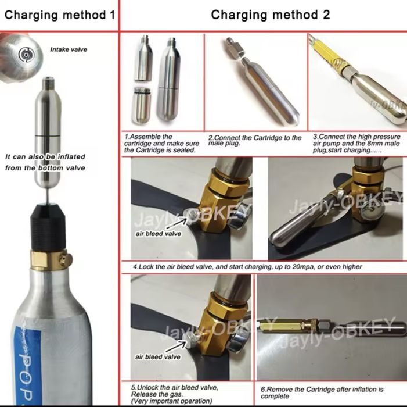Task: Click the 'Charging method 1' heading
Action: click(x=60, y=15)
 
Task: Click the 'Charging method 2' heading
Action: click(x=271, y=15)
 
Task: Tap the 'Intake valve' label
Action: click(x=69, y=49)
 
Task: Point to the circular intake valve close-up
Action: click(x=27, y=55)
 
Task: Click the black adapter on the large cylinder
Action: click(x=46, y=227)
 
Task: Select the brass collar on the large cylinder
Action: click(x=51, y=260)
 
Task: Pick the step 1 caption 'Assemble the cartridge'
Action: click(x=161, y=143)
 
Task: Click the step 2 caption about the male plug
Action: click(x=255, y=140)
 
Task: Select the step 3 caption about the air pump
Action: click(x=356, y=144)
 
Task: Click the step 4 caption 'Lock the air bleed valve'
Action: click(x=247, y=267)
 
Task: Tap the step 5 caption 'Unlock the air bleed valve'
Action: click(x=175, y=394)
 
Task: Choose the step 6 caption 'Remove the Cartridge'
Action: click(x=322, y=392)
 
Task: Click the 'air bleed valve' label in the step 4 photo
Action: click(x=158, y=234)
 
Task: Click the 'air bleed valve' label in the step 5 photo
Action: click(x=157, y=357)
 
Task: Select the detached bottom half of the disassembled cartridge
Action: click(x=141, y=105)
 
